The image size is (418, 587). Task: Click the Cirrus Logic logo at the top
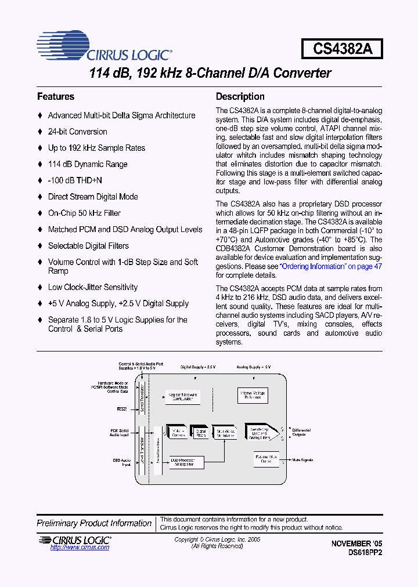105,46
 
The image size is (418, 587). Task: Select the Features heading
56,97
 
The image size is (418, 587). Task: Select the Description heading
240,97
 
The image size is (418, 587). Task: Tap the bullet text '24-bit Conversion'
77,132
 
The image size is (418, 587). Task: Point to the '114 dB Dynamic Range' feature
87,164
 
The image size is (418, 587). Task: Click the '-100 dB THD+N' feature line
75,180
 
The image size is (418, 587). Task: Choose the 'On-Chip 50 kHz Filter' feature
84,213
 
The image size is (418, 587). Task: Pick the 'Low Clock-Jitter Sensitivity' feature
92,287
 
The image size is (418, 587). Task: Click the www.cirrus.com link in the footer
72,548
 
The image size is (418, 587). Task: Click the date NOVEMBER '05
357,543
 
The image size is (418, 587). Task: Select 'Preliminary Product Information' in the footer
94,523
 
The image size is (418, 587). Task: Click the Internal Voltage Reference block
253,396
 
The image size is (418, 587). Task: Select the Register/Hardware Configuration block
182,396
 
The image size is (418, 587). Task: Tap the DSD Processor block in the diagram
187,462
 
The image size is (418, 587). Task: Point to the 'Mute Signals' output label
302,460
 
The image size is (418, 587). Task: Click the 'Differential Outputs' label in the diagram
301,433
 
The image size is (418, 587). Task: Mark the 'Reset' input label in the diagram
122,409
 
